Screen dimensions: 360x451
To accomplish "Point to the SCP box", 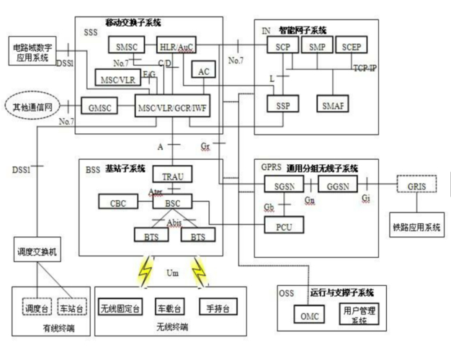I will tap(282, 47).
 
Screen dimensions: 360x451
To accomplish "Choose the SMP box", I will tap(317, 47).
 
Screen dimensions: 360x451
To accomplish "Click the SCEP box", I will tap(352, 47).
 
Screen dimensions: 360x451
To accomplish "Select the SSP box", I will tap(282, 104).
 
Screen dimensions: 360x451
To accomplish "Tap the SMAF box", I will tap(333, 104).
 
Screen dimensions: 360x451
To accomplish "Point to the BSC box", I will tap(172, 204).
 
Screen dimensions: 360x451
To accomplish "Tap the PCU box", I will tap(283, 228).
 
